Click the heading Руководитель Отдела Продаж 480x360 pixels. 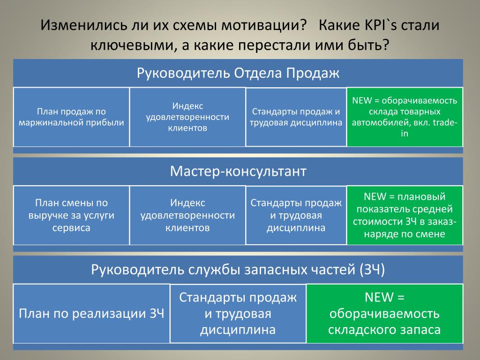[x=238, y=73]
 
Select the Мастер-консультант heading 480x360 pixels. [x=238, y=171]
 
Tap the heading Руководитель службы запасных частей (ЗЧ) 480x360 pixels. [x=238, y=270]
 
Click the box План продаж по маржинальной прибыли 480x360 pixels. [x=71, y=117]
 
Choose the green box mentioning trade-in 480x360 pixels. [x=405, y=117]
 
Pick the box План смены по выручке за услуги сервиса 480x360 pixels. [x=71, y=215]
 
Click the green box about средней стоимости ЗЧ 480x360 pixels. [x=405, y=215]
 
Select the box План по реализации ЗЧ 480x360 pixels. [x=91, y=314]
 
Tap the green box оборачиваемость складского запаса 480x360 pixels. [x=384, y=314]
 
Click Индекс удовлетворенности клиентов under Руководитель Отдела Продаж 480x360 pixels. [x=187, y=117]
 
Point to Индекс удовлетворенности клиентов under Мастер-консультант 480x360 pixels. [x=187, y=215]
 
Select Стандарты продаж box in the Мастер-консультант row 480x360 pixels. [x=296, y=215]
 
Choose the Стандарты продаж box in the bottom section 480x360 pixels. [x=238, y=314]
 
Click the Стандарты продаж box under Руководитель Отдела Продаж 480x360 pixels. [x=296, y=117]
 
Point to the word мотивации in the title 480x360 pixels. [x=264, y=25]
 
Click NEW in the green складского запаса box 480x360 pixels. [x=379, y=297]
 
